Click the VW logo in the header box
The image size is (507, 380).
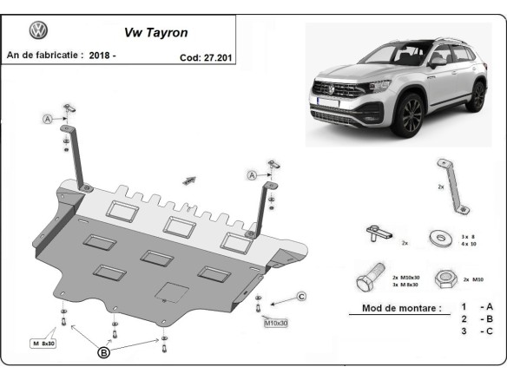pyautogui.click(x=39, y=31)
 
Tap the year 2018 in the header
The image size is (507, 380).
pyautogui.click(x=101, y=56)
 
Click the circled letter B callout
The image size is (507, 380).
pyautogui.click(x=103, y=353)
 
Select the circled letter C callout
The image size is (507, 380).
pyautogui.click(x=301, y=297)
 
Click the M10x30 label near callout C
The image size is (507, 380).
pyautogui.click(x=275, y=323)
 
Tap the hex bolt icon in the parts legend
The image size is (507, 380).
pyautogui.click(x=367, y=279)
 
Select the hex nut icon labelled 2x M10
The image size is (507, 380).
pyautogui.click(x=445, y=278)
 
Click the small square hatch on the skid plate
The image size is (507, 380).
pyautogui.click(x=174, y=292)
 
